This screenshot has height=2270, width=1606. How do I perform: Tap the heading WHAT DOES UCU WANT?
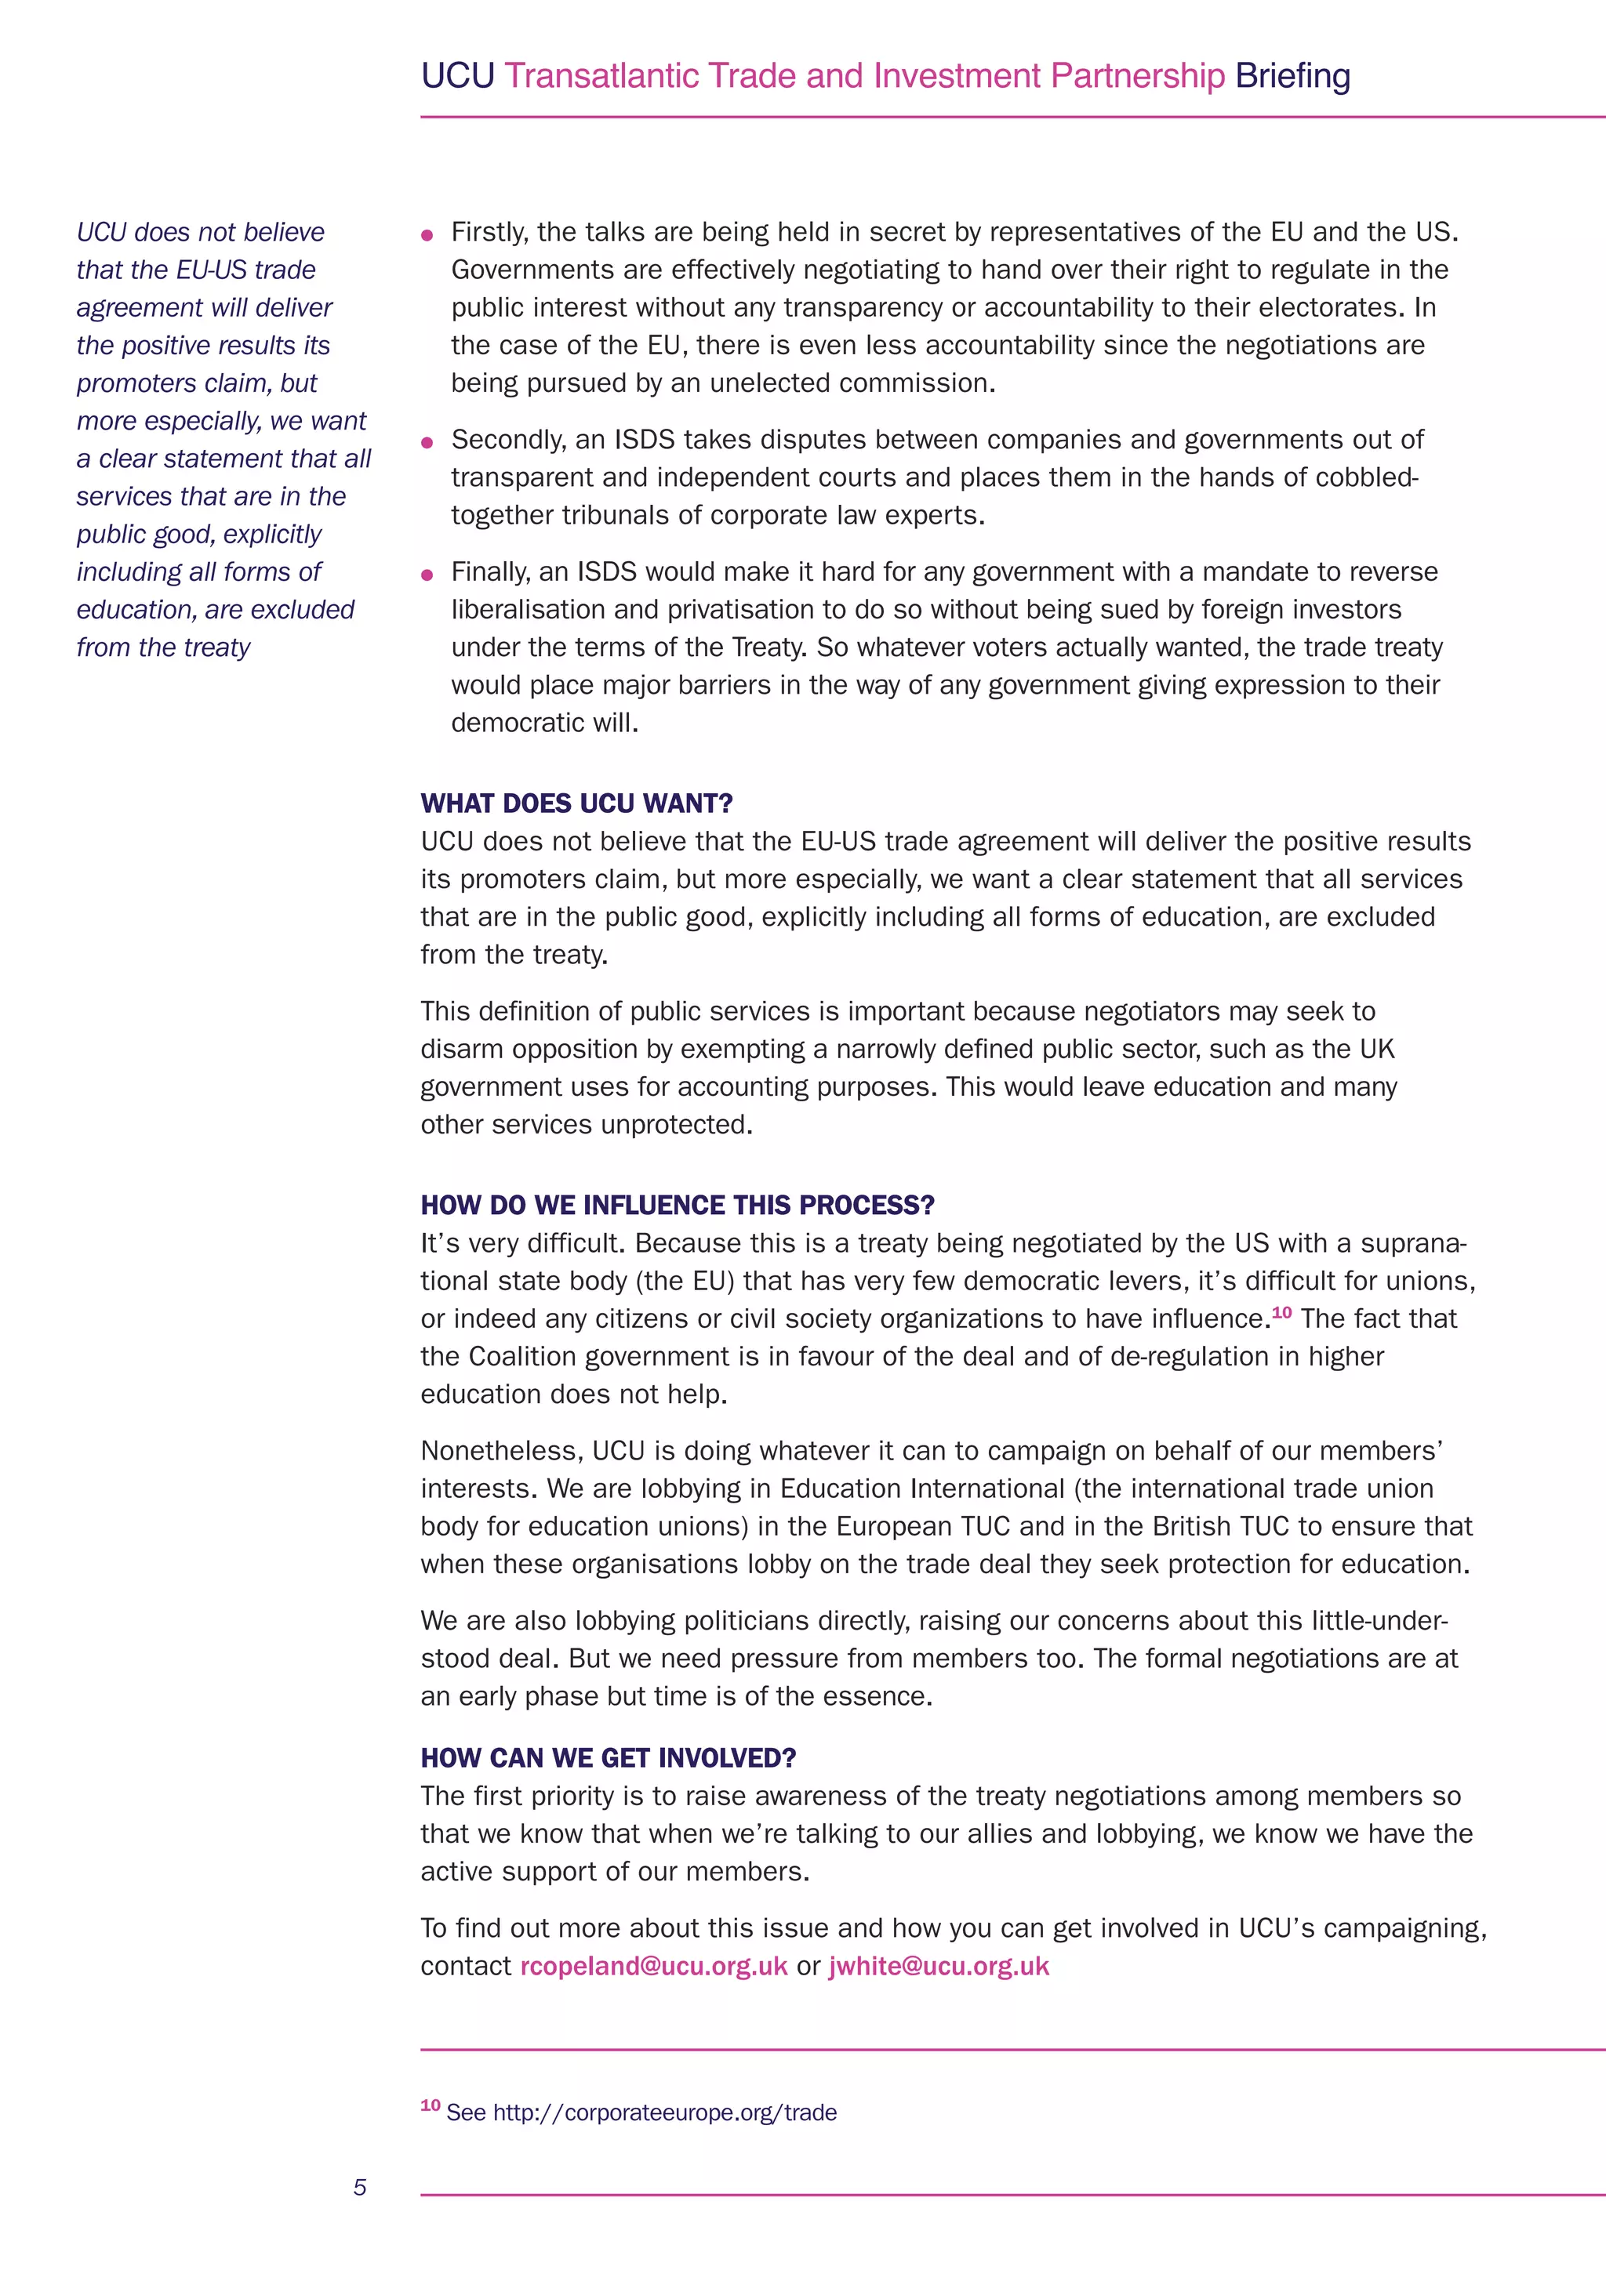click(576, 803)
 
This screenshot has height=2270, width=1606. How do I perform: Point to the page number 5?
click(360, 2187)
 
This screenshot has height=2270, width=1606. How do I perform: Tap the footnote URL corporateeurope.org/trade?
click(664, 2112)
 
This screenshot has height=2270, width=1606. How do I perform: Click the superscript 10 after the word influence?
click(1281, 1312)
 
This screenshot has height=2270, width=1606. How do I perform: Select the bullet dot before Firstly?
click(427, 235)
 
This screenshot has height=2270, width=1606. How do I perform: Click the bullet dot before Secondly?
click(427, 443)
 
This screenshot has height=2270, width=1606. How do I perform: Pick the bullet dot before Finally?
click(427, 575)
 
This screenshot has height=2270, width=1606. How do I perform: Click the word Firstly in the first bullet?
click(489, 232)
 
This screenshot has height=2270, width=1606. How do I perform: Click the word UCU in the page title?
click(457, 76)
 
